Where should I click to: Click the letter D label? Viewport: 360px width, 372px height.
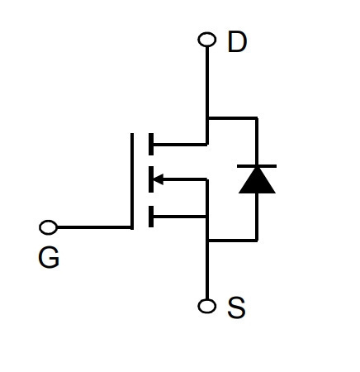237,42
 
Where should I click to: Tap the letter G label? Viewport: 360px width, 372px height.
49,257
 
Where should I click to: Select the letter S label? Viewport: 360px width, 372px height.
236,308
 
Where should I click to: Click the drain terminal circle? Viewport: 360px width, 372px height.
207,40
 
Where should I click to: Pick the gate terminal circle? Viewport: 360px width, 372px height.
49,227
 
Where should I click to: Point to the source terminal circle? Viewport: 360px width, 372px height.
207,306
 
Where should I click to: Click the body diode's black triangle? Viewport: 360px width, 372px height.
257,180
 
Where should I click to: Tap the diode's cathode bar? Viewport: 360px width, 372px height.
257,166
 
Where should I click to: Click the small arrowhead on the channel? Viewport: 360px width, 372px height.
159,179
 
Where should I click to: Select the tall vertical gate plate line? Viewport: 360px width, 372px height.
132,181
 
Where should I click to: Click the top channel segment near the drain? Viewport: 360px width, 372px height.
151,144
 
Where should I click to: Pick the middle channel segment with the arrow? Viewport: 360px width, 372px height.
151,179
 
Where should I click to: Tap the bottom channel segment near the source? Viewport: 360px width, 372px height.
151,217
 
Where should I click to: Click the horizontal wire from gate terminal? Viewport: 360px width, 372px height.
93,227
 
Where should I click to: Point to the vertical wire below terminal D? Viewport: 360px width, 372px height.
207,95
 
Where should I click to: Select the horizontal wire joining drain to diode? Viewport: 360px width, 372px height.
233,118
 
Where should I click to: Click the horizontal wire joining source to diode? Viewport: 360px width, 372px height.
233,241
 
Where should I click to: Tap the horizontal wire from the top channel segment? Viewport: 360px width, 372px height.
180,144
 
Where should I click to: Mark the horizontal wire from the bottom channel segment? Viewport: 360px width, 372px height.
179,217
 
